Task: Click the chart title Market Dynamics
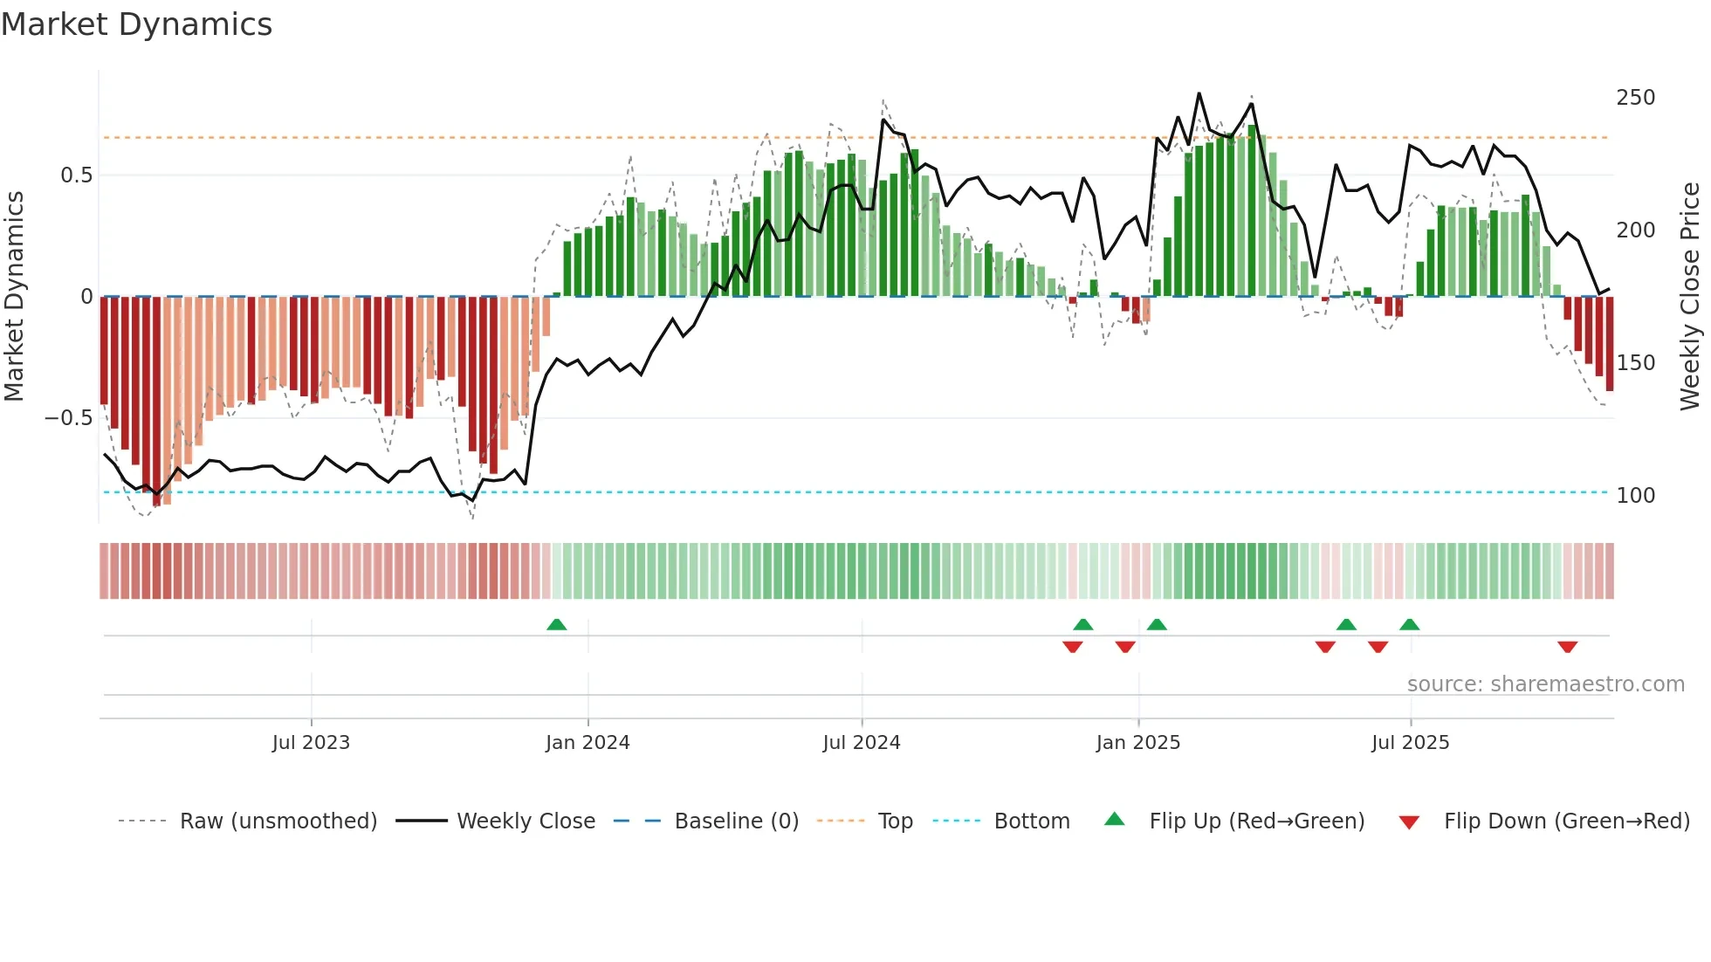[136, 24]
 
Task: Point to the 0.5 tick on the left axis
[76, 175]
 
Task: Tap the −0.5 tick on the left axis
[68, 418]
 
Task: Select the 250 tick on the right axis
[1635, 98]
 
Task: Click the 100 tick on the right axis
[1635, 496]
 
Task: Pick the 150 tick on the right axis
[1635, 363]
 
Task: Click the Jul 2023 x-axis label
[311, 743]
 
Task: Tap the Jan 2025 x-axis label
[1137, 743]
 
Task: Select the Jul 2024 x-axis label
[861, 743]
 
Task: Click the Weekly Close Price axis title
[1690, 297]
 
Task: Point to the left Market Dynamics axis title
[14, 297]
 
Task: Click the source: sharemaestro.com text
[1545, 684]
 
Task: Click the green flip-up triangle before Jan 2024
[556, 624]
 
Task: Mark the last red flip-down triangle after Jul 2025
[1567, 647]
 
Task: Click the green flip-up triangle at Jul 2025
[1409, 624]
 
